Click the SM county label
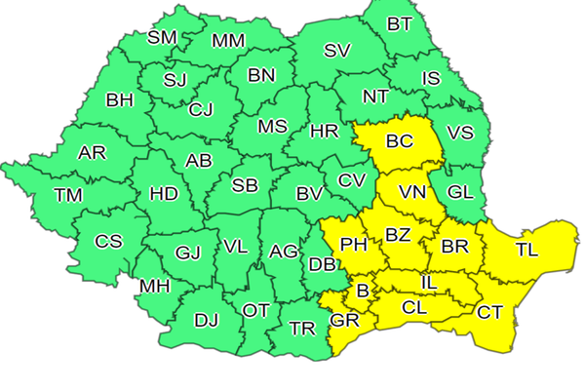click(162, 38)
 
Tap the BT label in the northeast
click(400, 24)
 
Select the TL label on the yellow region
click(526, 250)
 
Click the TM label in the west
click(68, 195)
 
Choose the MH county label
click(154, 287)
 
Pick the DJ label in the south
click(207, 319)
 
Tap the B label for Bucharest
click(363, 291)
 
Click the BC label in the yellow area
click(400, 141)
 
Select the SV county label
click(337, 51)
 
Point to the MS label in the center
click(272, 127)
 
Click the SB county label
click(245, 185)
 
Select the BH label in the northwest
click(120, 99)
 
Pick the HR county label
click(324, 130)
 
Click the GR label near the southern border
click(345, 320)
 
